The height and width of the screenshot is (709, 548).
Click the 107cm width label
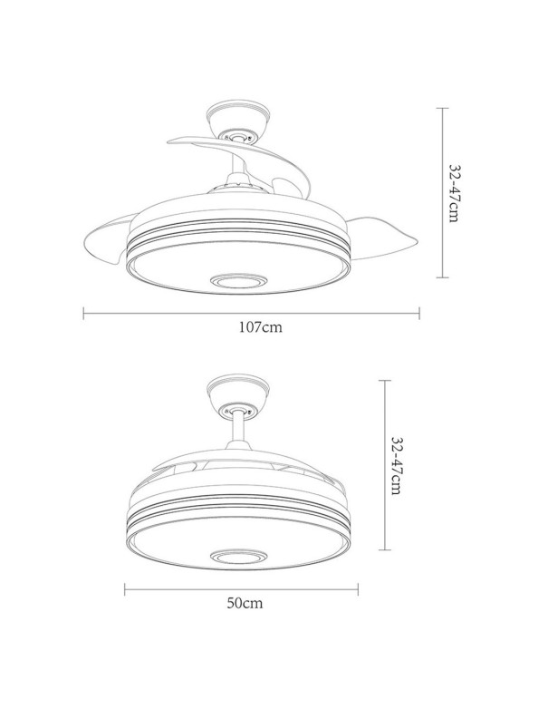tap(252, 328)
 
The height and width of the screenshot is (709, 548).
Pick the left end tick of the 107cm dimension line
tap(83, 314)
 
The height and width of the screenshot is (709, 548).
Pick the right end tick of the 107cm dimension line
tap(419, 314)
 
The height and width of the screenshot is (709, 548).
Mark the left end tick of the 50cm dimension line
tap(125, 588)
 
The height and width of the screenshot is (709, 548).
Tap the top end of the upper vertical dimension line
tap(441, 108)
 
